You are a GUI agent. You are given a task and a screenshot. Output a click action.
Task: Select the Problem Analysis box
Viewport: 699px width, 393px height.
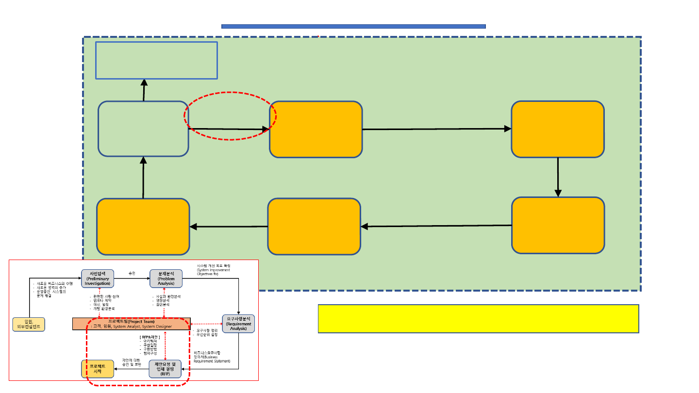(x=166, y=278)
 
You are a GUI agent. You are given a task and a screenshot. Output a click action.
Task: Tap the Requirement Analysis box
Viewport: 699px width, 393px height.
(x=238, y=324)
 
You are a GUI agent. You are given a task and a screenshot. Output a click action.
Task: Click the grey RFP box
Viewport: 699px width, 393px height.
(x=165, y=369)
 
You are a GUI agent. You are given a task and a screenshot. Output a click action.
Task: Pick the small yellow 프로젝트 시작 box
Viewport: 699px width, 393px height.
(x=97, y=369)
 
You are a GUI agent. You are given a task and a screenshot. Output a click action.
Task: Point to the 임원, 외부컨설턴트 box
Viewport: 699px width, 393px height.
(x=29, y=324)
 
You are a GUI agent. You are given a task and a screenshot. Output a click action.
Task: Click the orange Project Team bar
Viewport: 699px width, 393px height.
(x=131, y=324)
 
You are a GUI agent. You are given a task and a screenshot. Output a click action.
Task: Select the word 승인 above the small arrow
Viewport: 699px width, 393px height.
(x=132, y=273)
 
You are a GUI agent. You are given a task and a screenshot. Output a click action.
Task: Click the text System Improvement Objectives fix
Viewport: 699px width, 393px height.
(x=214, y=270)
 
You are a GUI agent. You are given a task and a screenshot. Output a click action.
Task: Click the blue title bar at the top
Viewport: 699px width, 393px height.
(x=353, y=26)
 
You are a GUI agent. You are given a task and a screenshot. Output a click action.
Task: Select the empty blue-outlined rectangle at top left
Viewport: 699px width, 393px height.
(x=156, y=60)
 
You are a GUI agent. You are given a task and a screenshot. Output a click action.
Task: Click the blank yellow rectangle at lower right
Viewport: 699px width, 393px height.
(x=478, y=319)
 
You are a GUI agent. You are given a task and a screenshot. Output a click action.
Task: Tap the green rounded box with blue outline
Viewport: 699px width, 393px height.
(x=143, y=129)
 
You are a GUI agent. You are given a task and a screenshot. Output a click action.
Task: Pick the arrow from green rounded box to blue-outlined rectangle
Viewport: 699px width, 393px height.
(x=144, y=90)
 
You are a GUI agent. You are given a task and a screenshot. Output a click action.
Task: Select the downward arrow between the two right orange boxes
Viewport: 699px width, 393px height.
(x=558, y=177)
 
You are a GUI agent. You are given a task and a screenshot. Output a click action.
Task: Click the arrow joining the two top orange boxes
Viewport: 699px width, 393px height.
(x=437, y=129)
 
